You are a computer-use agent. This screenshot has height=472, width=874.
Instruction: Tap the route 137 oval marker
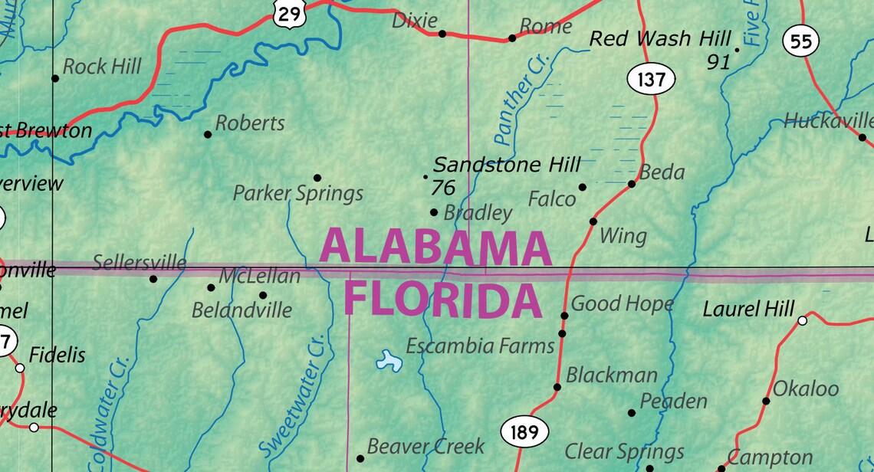point(651,79)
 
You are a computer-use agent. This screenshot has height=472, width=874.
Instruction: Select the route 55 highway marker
point(800,41)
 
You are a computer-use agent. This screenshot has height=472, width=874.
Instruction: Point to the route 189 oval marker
point(524,433)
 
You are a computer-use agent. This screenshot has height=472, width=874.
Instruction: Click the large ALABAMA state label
point(435,247)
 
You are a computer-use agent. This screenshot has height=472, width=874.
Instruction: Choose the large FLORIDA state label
point(443,300)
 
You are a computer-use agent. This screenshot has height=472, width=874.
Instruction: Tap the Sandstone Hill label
point(507,165)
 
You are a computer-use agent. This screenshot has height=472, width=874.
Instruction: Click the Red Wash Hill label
point(660,39)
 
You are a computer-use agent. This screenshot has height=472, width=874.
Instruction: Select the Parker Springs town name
point(298,193)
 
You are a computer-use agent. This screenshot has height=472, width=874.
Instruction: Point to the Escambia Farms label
point(480,346)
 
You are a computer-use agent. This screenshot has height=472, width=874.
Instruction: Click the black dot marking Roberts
point(208,134)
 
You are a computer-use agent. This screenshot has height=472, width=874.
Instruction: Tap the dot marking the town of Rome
point(512,38)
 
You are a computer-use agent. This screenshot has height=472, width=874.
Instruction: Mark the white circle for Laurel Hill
point(802,320)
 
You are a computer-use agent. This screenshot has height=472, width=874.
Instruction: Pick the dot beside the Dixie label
point(442,34)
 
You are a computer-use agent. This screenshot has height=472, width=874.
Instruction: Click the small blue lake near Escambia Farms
point(389,361)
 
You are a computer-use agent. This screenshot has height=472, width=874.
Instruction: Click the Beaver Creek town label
point(426,446)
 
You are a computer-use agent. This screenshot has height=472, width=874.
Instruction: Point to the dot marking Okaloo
point(766,401)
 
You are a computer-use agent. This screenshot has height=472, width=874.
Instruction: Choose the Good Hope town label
point(622,303)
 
